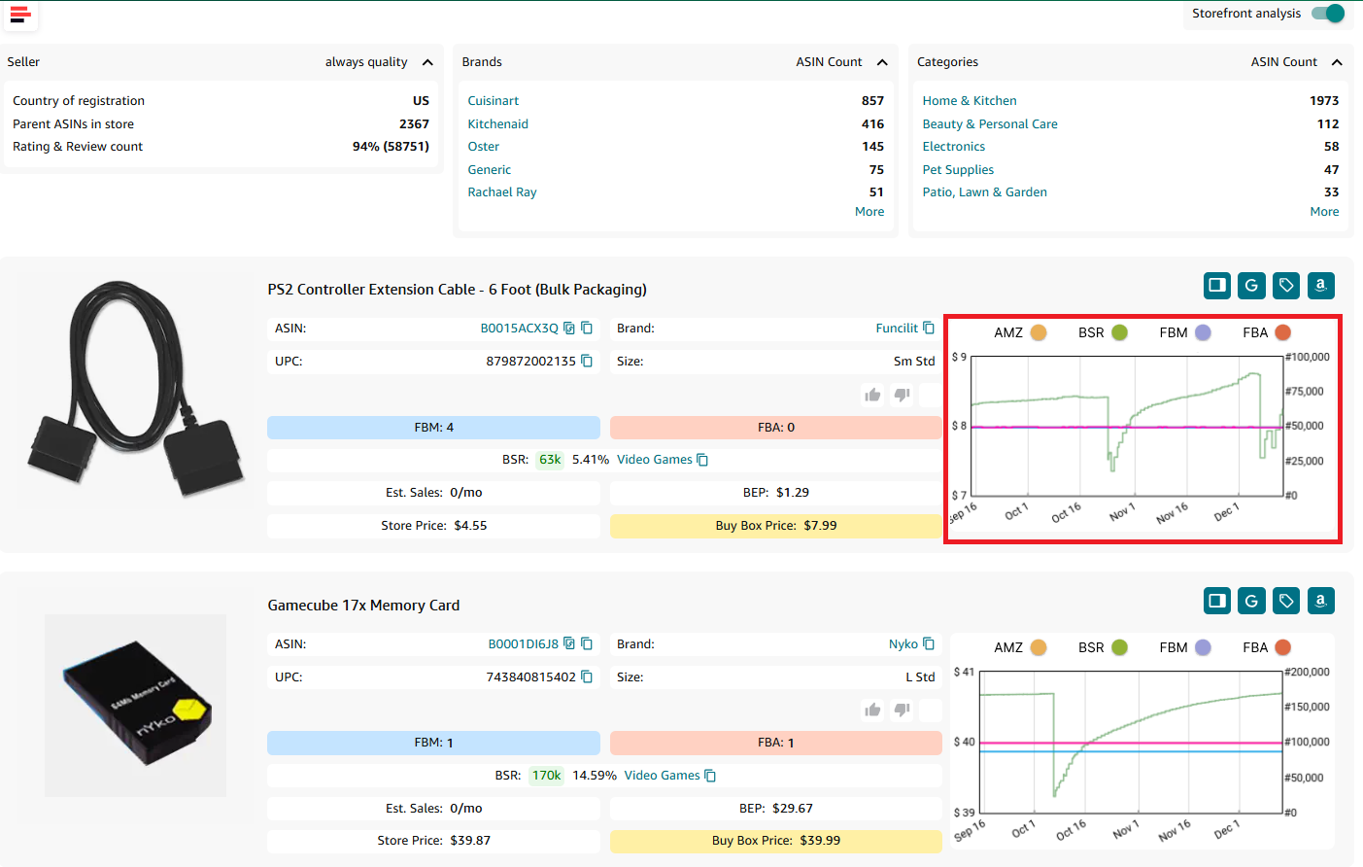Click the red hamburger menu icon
(20, 15)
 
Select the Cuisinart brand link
(493, 101)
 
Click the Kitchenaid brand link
(497, 124)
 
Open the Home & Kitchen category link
(969, 101)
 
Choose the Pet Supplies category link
(957, 170)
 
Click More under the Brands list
(869, 212)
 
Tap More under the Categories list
(1323, 212)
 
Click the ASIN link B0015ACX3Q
(519, 329)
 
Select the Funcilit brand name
(896, 329)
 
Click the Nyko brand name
(903, 644)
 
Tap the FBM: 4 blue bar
(433, 428)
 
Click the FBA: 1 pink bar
(775, 743)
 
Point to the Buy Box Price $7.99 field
(775, 526)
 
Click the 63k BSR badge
(550, 460)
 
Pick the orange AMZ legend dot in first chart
(1039, 332)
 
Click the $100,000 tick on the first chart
(1308, 358)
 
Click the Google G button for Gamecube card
(1251, 601)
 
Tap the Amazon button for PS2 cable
(1320, 286)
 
